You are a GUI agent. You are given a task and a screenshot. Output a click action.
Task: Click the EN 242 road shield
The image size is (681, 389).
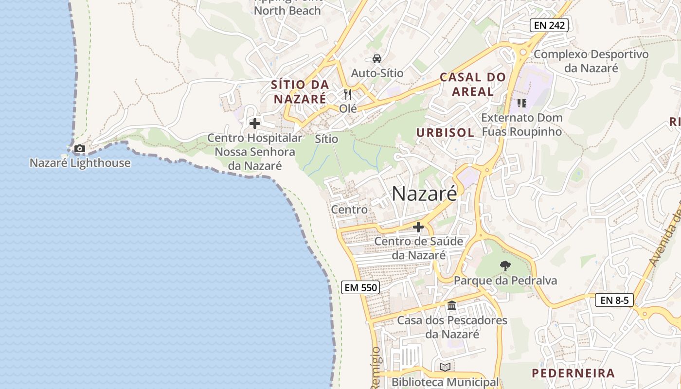(549, 25)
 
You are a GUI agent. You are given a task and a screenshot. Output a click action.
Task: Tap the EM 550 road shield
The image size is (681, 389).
(360, 287)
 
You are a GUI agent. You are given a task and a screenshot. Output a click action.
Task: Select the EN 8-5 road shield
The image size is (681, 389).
(614, 300)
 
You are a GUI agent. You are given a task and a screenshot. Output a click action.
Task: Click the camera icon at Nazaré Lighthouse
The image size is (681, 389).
(80, 149)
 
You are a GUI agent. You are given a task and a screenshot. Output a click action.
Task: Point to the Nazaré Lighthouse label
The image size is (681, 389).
(80, 163)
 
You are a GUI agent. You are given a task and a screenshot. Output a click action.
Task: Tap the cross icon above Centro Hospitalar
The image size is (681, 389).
(254, 124)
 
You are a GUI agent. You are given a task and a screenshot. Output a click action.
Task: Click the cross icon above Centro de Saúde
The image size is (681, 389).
(418, 227)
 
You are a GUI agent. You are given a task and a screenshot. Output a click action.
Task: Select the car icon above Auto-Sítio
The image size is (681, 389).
(376, 59)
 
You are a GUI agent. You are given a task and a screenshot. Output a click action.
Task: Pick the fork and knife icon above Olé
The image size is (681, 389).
(348, 94)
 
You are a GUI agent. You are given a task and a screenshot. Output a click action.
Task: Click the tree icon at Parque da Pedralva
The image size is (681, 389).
(505, 266)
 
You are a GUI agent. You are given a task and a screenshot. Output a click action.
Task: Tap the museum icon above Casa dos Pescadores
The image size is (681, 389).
(452, 306)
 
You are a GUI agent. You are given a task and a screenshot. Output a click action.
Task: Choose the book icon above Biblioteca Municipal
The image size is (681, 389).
(445, 367)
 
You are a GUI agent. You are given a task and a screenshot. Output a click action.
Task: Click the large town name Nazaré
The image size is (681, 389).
(425, 194)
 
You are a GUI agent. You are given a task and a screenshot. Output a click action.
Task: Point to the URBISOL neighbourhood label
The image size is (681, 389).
(445, 133)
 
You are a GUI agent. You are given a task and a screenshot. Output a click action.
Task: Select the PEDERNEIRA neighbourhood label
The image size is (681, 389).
(573, 373)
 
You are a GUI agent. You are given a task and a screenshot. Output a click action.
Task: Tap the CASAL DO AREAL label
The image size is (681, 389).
(473, 84)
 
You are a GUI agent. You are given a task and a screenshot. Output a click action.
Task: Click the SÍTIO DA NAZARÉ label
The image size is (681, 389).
(300, 91)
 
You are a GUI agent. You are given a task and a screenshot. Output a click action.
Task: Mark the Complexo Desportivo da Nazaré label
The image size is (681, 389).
(591, 61)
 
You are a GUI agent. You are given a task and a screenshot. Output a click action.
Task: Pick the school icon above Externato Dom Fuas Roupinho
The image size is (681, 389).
(522, 103)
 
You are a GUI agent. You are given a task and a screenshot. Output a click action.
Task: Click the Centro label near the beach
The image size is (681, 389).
(349, 210)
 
